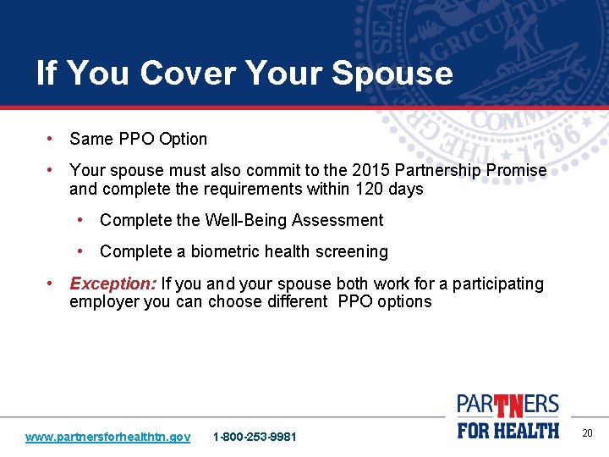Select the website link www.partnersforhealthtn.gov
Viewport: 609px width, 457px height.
[x=107, y=437]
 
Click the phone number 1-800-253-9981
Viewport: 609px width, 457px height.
[x=255, y=437]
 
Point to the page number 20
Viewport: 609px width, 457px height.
[x=587, y=433]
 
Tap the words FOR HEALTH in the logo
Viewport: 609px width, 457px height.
[x=508, y=430]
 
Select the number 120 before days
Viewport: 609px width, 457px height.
[x=369, y=189]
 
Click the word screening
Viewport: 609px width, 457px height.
[x=353, y=251]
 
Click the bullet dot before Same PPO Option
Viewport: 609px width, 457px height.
[x=52, y=138]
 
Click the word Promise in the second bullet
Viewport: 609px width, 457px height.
[x=515, y=170]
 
